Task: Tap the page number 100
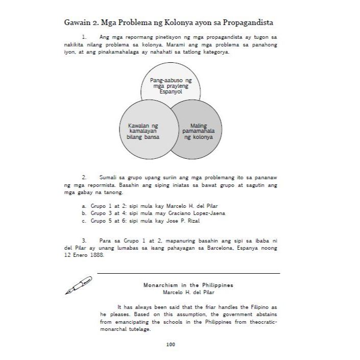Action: (171, 345)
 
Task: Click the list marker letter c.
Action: (83, 221)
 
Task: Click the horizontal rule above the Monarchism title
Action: (188, 274)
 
